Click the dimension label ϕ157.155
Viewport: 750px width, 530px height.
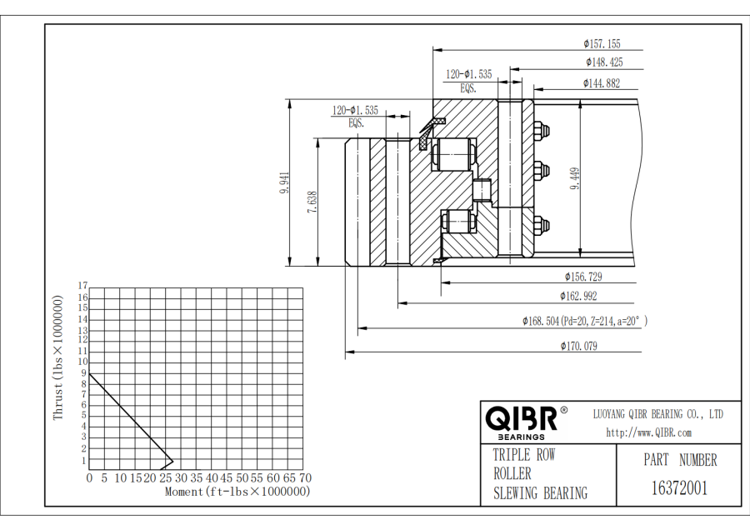click(x=602, y=44)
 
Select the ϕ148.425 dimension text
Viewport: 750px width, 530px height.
click(x=605, y=62)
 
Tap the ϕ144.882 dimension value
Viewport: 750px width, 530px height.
click(x=601, y=83)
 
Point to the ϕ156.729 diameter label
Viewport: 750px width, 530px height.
click(x=583, y=277)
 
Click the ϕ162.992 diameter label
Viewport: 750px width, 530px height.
click(x=579, y=296)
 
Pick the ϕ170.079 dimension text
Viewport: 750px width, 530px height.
click(x=579, y=346)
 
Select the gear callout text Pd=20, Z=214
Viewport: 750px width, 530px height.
click(x=589, y=321)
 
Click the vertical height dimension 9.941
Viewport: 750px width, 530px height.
click(x=285, y=182)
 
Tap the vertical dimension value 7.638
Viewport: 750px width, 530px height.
click(x=312, y=202)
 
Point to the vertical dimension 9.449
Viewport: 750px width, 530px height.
click(x=575, y=178)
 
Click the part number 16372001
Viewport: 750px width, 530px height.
click(x=679, y=488)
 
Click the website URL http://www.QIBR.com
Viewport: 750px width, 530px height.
click(x=648, y=432)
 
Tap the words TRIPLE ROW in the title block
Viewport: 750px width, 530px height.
click(x=524, y=454)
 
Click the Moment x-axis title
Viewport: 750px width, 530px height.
click(x=237, y=492)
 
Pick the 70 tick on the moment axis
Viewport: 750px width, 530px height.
click(x=306, y=477)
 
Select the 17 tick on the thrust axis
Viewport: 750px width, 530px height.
click(x=82, y=286)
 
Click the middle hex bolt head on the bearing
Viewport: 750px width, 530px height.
click(x=541, y=171)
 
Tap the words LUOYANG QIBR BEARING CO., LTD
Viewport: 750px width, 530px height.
click(x=658, y=414)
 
